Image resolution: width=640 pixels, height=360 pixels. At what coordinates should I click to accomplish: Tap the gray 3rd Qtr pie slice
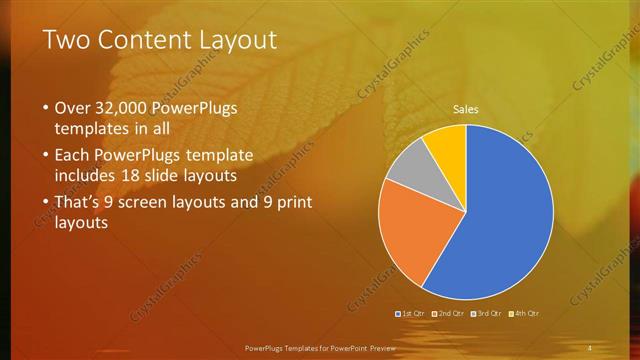point(407,167)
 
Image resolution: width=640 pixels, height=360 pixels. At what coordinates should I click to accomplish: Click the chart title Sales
point(466,109)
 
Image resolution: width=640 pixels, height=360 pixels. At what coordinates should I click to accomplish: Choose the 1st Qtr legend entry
point(412,313)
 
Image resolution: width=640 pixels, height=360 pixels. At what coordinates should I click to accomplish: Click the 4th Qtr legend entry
point(524,313)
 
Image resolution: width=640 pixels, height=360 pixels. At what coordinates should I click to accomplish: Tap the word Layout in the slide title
point(234,40)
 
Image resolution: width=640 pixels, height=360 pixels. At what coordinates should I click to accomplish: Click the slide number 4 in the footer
point(589,347)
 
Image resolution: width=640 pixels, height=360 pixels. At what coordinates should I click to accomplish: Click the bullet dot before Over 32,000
point(45,108)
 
